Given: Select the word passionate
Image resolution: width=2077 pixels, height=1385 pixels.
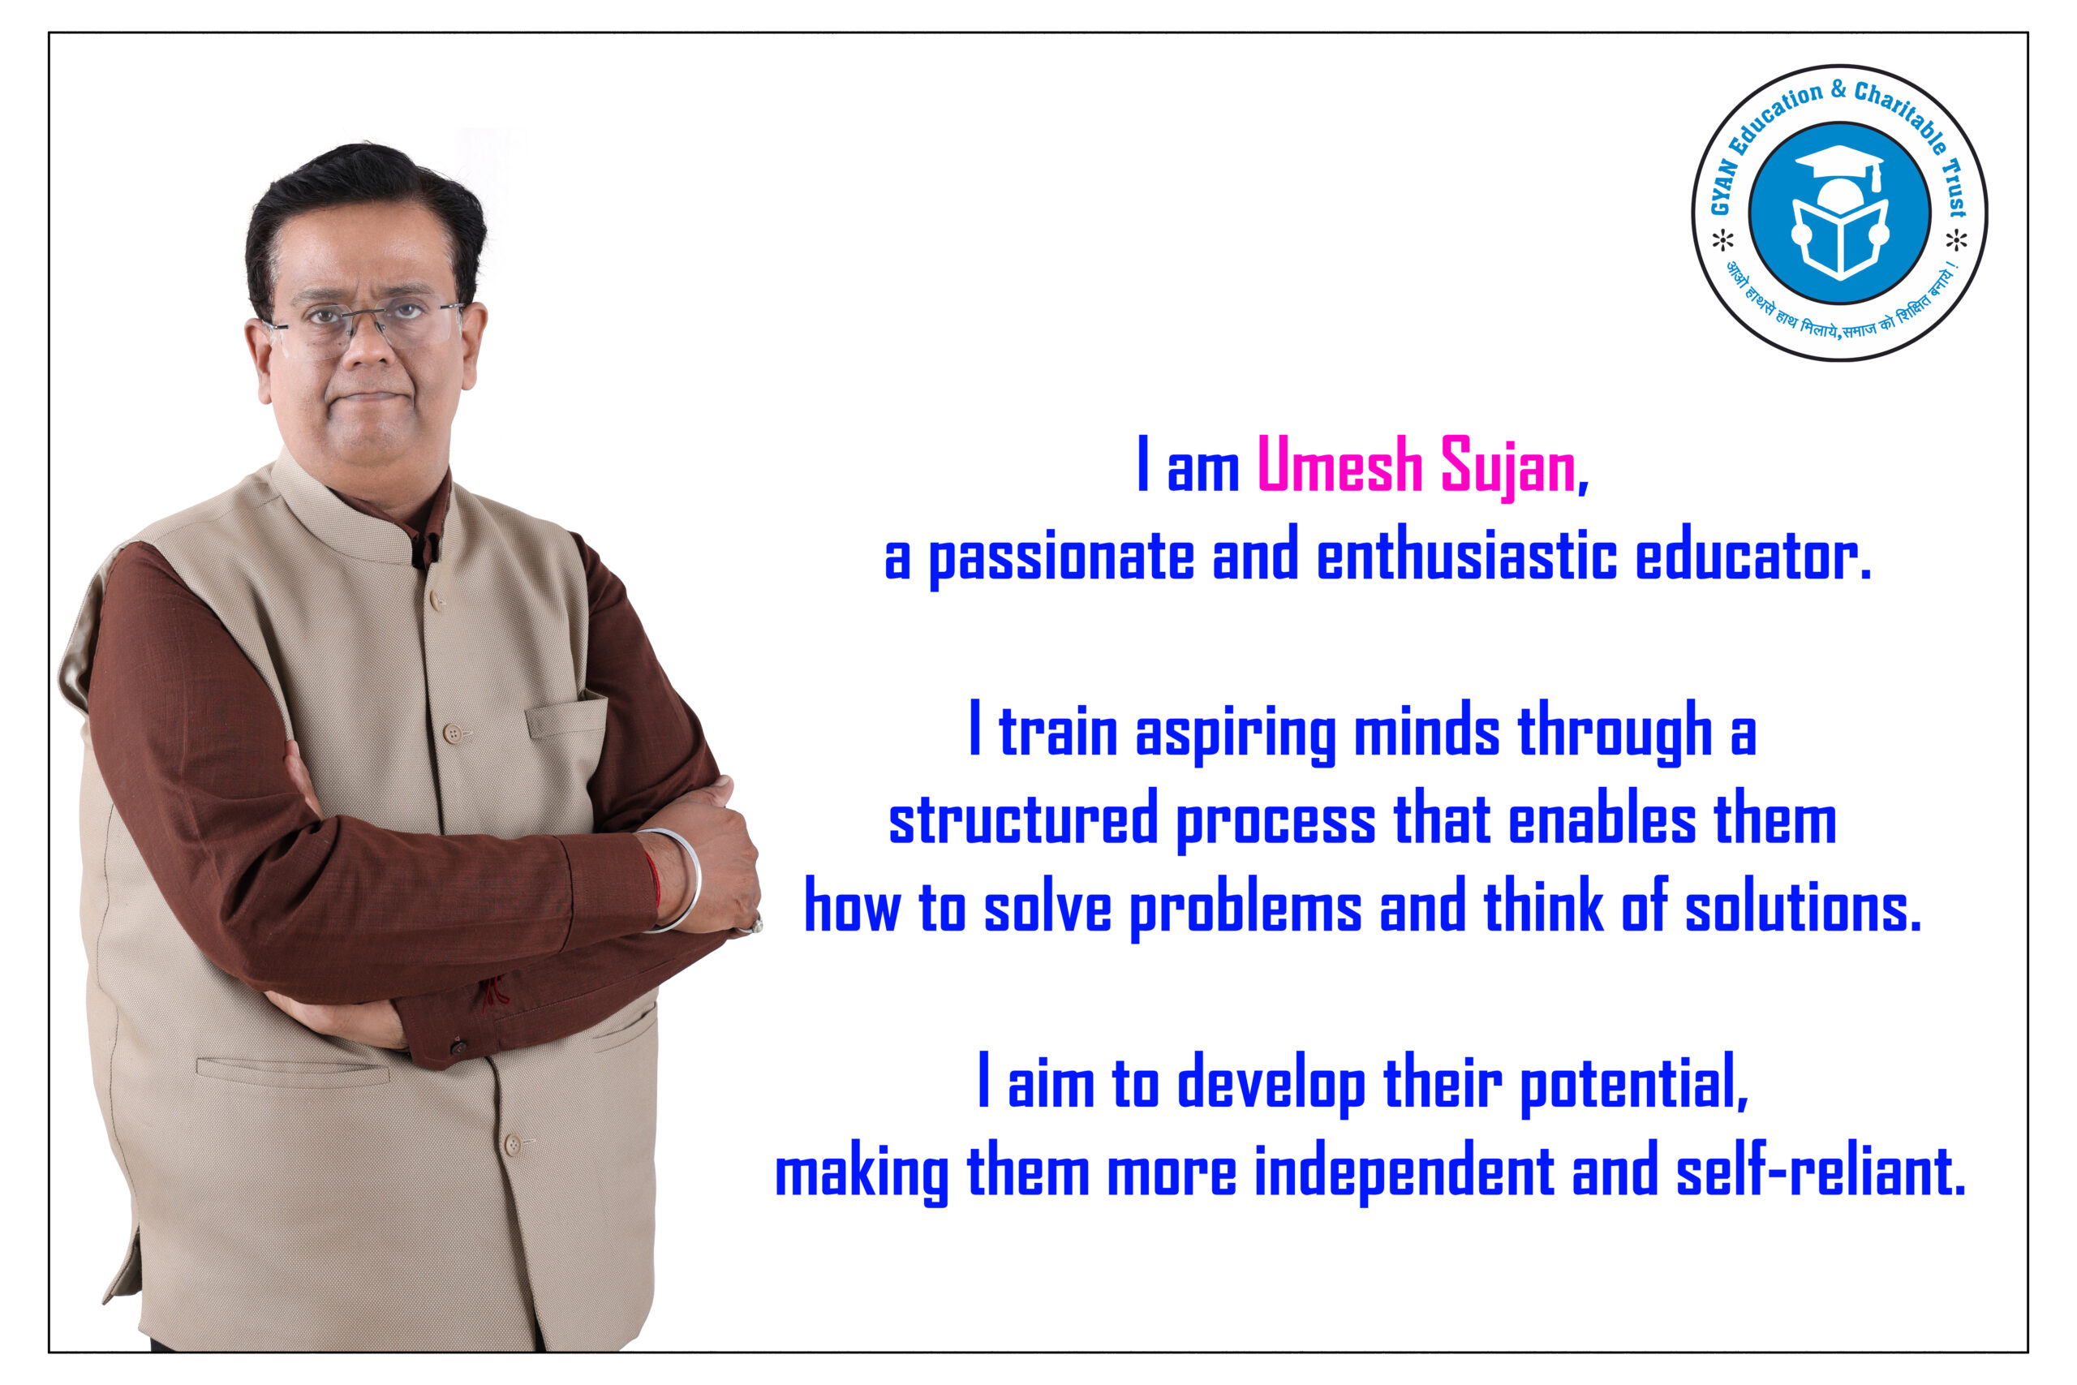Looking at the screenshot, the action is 1060,557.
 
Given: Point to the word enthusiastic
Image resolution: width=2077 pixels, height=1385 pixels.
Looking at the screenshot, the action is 1467,555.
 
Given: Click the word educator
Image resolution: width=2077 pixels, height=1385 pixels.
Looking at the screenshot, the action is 1753,555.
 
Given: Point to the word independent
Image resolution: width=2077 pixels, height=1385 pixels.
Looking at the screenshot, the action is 1404,1172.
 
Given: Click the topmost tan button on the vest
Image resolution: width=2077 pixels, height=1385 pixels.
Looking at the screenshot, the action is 437,601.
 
